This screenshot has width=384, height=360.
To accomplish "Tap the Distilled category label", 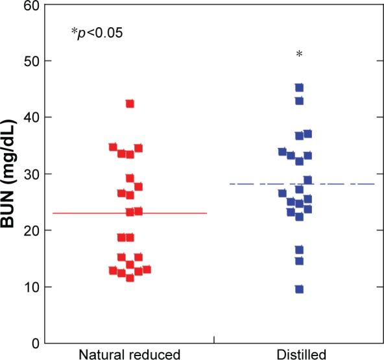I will pos(299,354).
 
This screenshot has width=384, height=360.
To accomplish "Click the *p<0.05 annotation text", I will pos(97,32).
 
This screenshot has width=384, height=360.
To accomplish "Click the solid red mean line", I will pos(78,213).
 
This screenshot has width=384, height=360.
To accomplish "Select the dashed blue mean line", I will pos(350,184).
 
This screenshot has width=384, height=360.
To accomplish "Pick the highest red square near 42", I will pos(130,104).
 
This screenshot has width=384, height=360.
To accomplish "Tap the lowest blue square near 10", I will pos(299,289).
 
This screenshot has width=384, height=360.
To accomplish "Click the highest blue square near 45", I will pos(299,88).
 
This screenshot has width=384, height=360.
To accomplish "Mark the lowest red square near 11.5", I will pos(130,278).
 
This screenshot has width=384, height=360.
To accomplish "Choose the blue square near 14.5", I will pos(299,261).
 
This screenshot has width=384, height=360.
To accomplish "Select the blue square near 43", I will pos(299,101).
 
